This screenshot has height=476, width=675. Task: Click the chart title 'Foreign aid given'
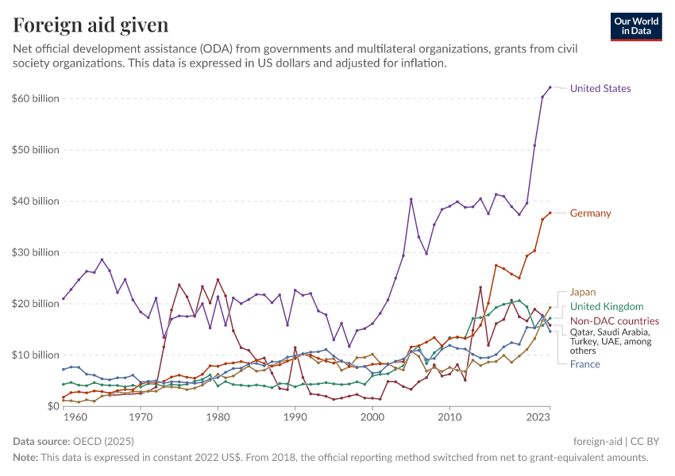click(x=91, y=25)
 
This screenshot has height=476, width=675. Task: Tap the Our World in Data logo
click(x=636, y=26)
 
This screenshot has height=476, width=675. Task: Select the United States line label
click(x=600, y=88)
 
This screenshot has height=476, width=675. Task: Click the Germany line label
click(x=590, y=213)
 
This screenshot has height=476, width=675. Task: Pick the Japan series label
click(x=582, y=292)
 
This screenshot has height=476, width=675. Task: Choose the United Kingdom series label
click(x=607, y=306)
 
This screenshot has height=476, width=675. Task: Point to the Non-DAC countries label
click(x=615, y=321)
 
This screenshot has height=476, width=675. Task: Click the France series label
click(x=584, y=364)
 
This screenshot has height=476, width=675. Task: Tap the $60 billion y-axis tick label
click(x=36, y=98)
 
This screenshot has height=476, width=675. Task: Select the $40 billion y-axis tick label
click(x=36, y=201)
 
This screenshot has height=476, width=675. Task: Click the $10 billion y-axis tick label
click(x=36, y=355)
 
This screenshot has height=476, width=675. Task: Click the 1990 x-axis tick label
click(x=295, y=416)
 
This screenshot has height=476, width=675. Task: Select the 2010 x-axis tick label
click(x=449, y=416)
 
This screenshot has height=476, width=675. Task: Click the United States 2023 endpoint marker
click(x=550, y=87)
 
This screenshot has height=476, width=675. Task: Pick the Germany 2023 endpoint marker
click(x=550, y=213)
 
